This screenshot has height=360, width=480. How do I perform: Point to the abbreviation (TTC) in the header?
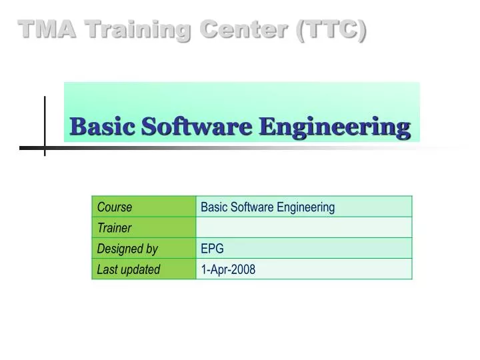[331, 29]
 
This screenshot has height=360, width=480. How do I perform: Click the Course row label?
[115, 207]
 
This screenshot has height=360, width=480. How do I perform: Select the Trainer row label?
[114, 228]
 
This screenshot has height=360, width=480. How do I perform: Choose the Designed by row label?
[127, 249]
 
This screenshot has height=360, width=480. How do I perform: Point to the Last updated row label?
[129, 269]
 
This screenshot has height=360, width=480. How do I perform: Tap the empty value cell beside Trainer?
[304, 228]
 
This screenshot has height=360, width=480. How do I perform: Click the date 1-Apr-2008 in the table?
[228, 269]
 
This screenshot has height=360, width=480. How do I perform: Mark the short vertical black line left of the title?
[45, 125]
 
